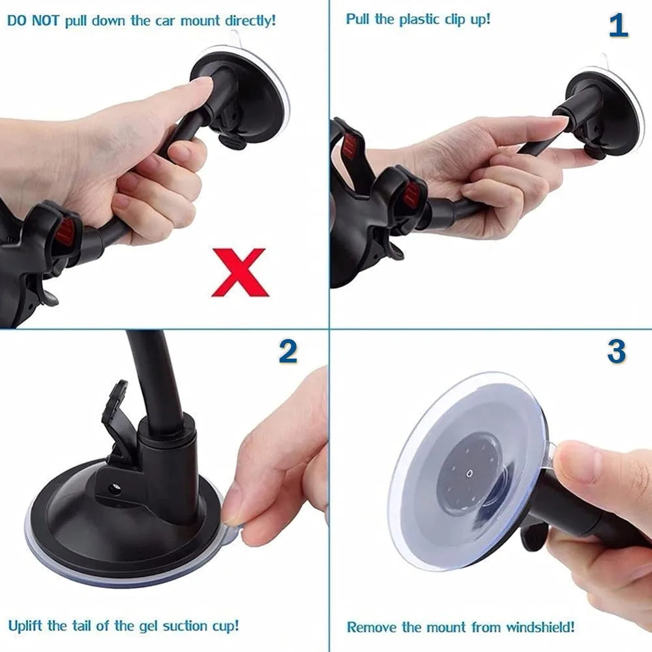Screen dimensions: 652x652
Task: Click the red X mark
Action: tap(239, 272)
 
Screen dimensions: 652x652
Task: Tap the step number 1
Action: tap(617, 26)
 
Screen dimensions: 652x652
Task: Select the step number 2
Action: tap(288, 352)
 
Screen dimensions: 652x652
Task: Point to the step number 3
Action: tap(616, 352)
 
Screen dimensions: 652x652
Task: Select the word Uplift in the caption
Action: tap(27, 626)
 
